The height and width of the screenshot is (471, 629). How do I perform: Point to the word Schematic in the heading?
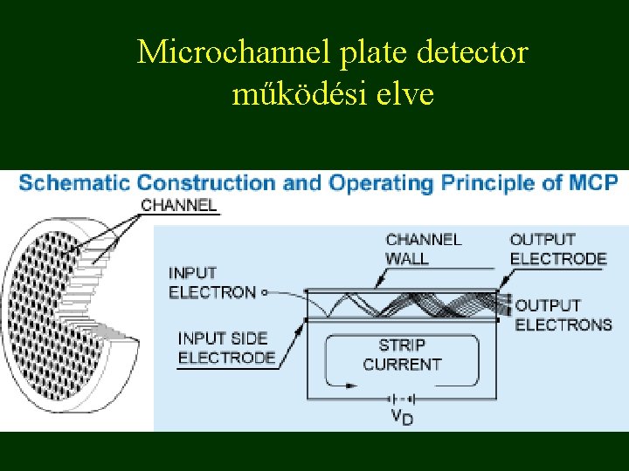(x=73, y=183)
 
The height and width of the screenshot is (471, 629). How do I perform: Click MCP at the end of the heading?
(x=594, y=183)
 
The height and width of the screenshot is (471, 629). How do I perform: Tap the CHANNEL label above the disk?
(x=178, y=206)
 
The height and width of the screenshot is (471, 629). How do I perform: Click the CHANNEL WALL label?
(x=424, y=249)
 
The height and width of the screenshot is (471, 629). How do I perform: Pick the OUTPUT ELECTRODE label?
(x=557, y=249)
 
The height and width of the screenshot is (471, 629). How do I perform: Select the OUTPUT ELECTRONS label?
(x=563, y=315)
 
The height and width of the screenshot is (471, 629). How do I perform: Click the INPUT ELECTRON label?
(x=212, y=283)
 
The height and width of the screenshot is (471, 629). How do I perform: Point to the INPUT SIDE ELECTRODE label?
(x=226, y=347)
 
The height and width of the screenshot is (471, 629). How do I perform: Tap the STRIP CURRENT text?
(x=402, y=355)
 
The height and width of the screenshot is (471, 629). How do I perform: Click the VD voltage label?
(x=402, y=416)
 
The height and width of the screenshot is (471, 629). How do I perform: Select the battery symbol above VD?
(x=401, y=398)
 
